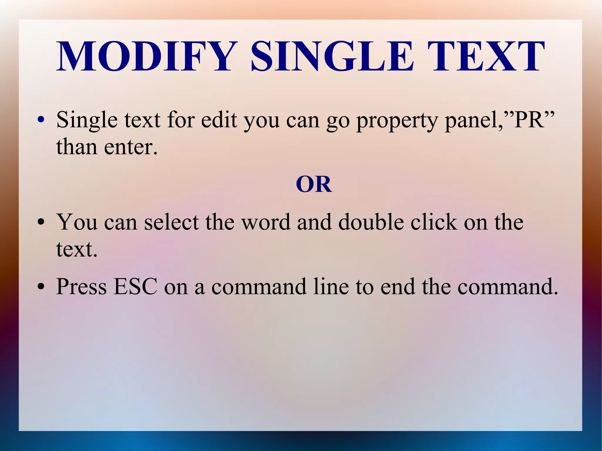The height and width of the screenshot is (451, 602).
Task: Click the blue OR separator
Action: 314,184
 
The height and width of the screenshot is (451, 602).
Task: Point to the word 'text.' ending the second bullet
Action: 77,249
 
